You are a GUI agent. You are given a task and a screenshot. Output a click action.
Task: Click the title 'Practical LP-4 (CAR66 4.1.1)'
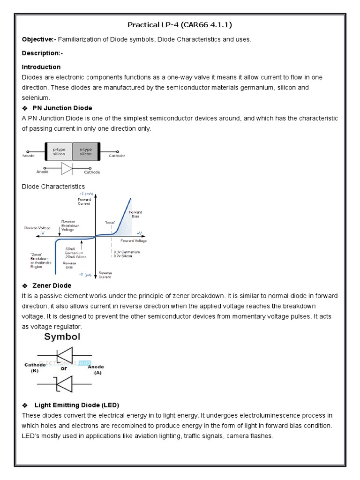click(x=180, y=24)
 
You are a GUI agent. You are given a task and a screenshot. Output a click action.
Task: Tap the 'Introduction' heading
click(x=41, y=67)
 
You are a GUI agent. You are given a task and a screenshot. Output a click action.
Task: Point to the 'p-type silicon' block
click(x=59, y=151)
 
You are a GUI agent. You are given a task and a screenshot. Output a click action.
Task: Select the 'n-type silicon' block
click(x=86, y=151)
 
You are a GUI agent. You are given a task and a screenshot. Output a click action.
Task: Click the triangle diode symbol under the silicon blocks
click(x=67, y=168)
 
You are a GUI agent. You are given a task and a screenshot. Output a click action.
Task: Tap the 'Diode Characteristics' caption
click(x=53, y=187)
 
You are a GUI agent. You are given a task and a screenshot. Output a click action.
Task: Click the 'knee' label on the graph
click(x=111, y=222)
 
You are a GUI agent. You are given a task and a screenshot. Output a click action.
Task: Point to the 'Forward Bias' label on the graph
click(x=135, y=214)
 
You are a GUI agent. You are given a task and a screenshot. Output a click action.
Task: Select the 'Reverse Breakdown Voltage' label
click(x=70, y=225)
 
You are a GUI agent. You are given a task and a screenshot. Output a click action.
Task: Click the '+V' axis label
click(x=139, y=233)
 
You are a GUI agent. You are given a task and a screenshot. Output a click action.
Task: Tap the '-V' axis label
click(x=43, y=233)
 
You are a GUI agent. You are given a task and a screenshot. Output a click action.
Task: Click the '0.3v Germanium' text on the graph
click(x=126, y=252)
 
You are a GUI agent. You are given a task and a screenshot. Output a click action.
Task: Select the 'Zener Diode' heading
click(x=52, y=285)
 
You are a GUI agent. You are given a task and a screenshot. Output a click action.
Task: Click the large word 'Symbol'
click(x=62, y=337)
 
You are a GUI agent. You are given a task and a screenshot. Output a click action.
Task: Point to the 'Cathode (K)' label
click(x=35, y=367)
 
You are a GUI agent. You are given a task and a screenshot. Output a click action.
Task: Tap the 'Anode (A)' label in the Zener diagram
click(x=97, y=370)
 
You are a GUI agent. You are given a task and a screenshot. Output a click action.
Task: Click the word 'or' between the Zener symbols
click(x=64, y=368)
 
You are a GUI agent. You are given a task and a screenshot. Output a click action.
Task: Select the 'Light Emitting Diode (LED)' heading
click(x=77, y=405)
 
